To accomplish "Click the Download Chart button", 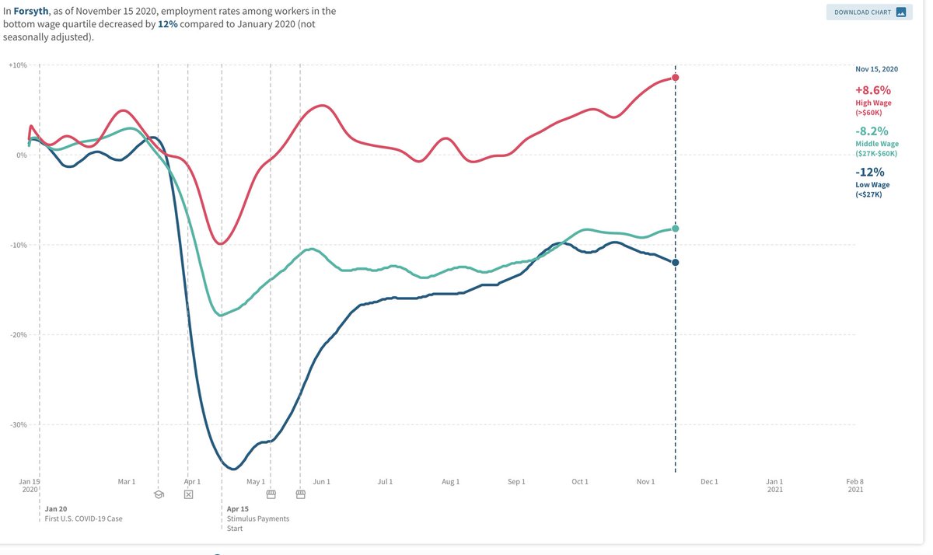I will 869,12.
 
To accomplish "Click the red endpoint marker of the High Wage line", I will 676,78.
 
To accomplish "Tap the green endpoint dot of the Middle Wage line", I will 676,229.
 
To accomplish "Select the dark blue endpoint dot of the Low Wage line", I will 676,263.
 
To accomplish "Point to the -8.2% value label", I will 872,131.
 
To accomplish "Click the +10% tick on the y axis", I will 18,65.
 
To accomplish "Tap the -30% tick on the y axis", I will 18,425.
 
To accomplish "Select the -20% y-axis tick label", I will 18,335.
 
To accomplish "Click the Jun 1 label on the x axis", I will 322,482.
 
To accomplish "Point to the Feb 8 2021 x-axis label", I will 855,486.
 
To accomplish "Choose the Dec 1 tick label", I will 709,482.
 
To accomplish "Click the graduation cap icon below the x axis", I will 159,494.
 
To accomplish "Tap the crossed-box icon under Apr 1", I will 188,494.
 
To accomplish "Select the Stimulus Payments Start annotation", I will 257,518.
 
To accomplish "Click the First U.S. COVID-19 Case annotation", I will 83,518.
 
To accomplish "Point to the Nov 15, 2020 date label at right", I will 876,69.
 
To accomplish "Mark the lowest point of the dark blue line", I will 232,469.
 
